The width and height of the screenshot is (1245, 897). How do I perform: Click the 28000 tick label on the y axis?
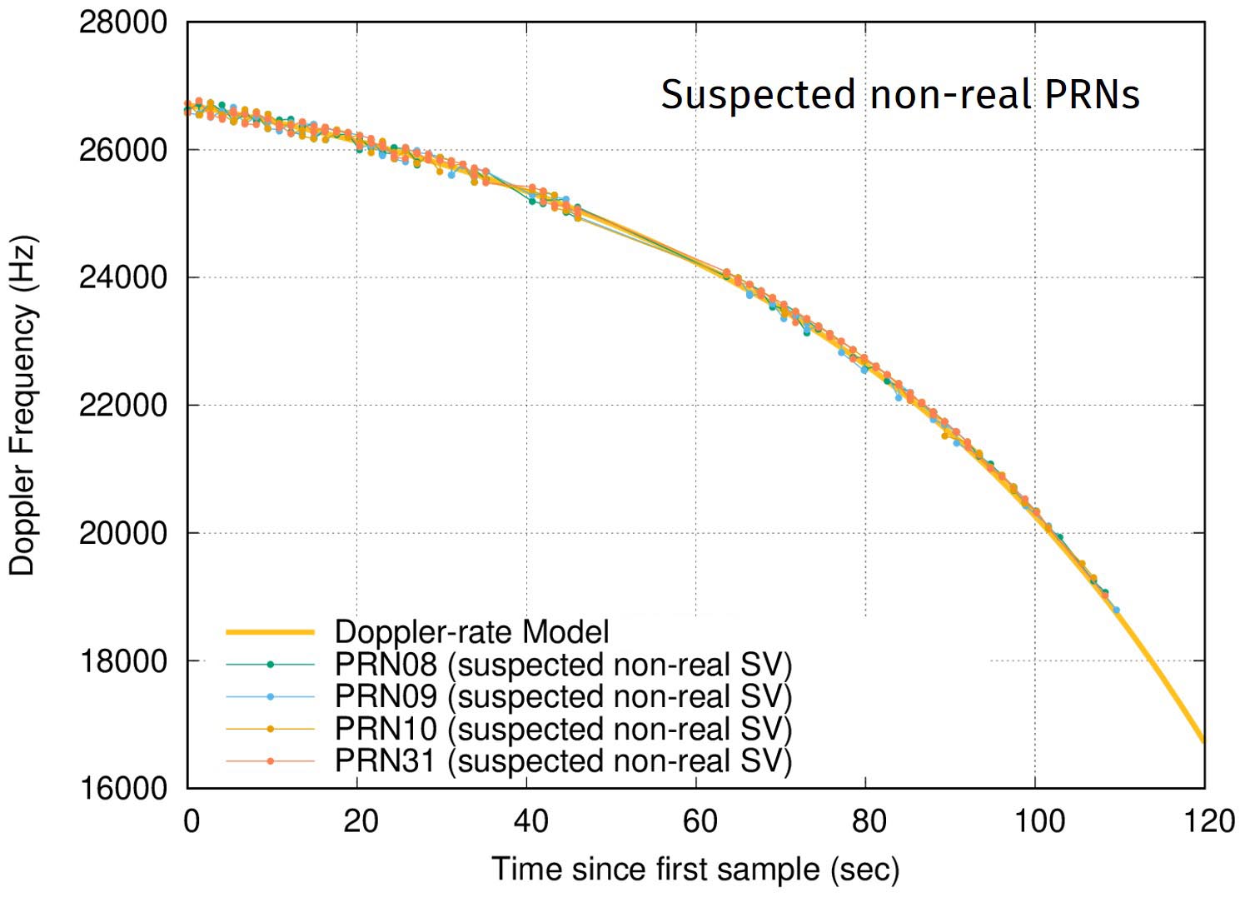(x=122, y=22)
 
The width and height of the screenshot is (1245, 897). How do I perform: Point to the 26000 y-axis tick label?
(x=122, y=151)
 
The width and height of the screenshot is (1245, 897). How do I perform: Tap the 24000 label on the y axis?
(x=122, y=278)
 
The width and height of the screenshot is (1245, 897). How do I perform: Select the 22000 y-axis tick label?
(x=122, y=406)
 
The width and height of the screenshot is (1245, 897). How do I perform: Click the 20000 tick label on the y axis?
(x=122, y=533)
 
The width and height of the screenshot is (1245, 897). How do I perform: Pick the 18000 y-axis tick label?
(x=122, y=661)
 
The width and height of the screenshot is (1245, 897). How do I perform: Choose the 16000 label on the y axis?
(x=122, y=789)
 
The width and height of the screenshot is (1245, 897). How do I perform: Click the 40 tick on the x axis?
(x=530, y=821)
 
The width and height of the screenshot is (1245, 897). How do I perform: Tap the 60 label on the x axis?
(x=700, y=821)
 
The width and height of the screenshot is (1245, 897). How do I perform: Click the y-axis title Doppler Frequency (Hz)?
(x=22, y=406)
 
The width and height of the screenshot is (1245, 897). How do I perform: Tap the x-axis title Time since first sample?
(x=695, y=870)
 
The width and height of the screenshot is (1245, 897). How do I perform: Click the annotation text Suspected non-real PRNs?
(x=899, y=95)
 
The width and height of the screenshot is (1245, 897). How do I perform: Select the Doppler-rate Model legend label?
(x=471, y=632)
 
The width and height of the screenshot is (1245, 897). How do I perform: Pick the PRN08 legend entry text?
(x=563, y=665)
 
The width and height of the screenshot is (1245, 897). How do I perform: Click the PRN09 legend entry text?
(x=563, y=696)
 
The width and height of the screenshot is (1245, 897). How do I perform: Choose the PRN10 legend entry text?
(x=563, y=729)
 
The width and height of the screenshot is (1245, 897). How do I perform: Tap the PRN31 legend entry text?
(x=563, y=761)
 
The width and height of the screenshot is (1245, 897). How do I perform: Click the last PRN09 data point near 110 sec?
(x=1116, y=610)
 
